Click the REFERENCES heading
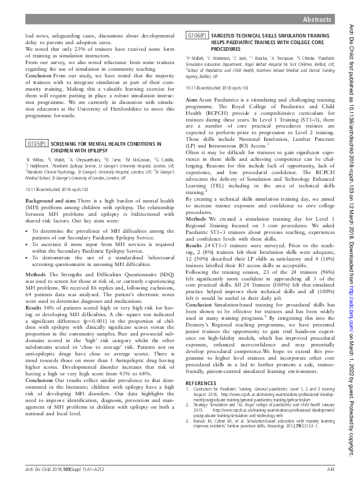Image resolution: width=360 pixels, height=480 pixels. click(200, 417)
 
